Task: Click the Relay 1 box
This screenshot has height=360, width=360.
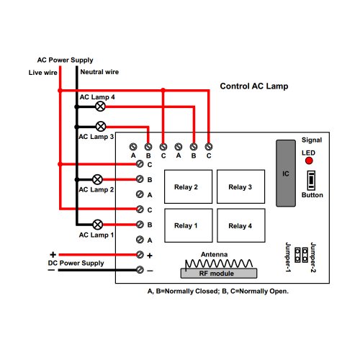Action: click(189, 225)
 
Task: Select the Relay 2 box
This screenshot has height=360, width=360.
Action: click(188, 186)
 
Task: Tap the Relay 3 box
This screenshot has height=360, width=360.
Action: click(240, 186)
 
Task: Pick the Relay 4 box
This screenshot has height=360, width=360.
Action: click(241, 225)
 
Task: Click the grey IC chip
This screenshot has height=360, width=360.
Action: click(286, 174)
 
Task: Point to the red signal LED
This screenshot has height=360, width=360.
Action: click(309, 161)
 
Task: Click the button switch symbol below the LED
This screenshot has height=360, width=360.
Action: click(311, 180)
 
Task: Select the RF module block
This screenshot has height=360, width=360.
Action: click(219, 274)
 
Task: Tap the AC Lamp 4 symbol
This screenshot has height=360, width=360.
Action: click(100, 107)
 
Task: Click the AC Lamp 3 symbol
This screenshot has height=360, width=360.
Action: click(101, 127)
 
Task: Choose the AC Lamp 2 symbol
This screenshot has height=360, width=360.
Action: click(97, 179)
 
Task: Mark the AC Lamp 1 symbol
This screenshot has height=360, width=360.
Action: click(97, 225)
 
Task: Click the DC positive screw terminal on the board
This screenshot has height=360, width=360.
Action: click(140, 255)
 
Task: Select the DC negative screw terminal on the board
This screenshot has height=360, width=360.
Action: click(140, 270)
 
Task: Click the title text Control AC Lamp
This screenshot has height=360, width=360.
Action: click(254, 86)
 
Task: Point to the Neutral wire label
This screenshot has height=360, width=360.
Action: click(99, 72)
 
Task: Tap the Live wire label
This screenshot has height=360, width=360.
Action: click(43, 73)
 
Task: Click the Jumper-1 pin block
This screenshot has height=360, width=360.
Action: click(297, 255)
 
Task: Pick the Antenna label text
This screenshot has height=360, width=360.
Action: click(214, 254)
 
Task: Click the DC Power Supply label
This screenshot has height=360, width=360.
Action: click(76, 263)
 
